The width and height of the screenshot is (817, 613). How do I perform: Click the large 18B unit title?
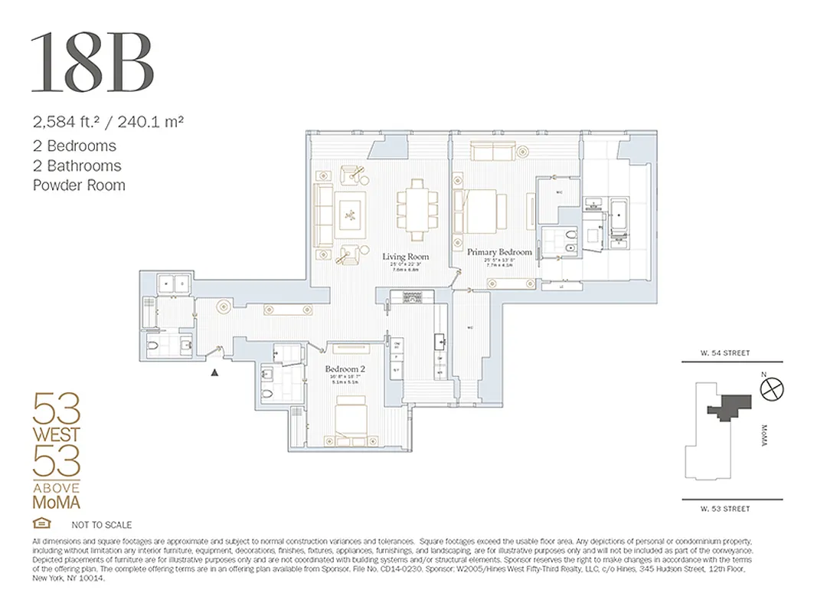(93, 64)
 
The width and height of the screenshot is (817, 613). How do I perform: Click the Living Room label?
(406, 257)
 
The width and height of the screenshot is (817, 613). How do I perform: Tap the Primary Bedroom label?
(499, 252)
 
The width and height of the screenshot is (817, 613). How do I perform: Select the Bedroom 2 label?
(345, 369)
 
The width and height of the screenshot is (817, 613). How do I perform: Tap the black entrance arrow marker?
(215, 373)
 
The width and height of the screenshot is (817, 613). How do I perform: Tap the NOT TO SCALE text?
(101, 525)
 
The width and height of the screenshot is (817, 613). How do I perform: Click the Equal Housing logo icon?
(40, 524)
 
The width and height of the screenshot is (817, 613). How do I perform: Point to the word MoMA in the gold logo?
(56, 502)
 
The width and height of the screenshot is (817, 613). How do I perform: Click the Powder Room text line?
(78, 185)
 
